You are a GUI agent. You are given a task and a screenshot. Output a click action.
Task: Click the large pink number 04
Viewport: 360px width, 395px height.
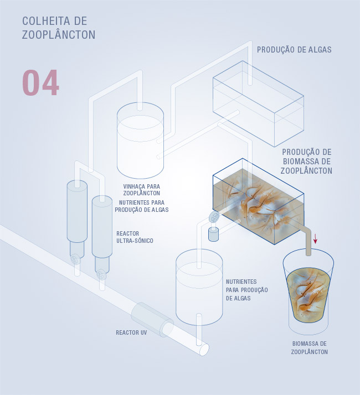pyautogui.click(x=40, y=82)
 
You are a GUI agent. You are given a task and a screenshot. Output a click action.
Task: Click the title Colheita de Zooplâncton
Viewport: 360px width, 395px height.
pyautogui.click(x=59, y=28)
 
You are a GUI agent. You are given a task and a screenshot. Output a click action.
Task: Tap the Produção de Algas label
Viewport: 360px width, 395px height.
pyautogui.click(x=294, y=50)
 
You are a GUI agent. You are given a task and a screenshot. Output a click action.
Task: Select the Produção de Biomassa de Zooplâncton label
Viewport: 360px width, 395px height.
pyautogui.click(x=306, y=161)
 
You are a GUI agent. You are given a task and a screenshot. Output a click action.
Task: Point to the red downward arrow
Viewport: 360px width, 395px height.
pyautogui.click(x=315, y=238)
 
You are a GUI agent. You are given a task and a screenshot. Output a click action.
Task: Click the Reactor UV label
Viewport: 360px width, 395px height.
pyautogui.click(x=131, y=332)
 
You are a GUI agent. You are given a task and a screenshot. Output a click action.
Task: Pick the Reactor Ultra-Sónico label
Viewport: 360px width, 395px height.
pyautogui.click(x=135, y=237)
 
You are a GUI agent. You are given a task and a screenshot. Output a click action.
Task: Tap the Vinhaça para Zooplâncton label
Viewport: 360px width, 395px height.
pyautogui.click(x=142, y=190)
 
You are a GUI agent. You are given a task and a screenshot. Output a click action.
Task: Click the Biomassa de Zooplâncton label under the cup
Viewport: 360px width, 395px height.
pyautogui.click(x=309, y=347)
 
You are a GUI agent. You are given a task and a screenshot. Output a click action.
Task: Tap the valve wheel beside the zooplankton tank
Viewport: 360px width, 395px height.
pyautogui.click(x=214, y=217)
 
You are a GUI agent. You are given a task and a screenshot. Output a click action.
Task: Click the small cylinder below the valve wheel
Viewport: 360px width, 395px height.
pyautogui.click(x=213, y=235)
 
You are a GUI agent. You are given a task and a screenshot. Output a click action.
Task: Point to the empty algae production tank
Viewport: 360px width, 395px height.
pyautogui.click(x=258, y=103)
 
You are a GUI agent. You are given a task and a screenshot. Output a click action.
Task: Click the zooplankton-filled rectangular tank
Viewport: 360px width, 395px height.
pyautogui.click(x=258, y=201)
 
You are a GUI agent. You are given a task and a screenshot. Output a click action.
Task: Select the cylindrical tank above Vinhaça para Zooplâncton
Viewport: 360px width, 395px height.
pyautogui.click(x=140, y=141)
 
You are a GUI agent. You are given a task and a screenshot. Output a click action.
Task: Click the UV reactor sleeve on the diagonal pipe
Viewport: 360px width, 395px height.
pyautogui.click(x=152, y=319)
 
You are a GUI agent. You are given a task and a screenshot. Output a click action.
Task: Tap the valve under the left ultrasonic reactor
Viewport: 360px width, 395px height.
pyautogui.click(x=75, y=259)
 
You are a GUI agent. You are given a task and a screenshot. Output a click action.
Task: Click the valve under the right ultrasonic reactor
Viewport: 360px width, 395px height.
pyautogui.click(x=101, y=274)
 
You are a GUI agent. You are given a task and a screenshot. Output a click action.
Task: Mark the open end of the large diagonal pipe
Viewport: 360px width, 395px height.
pyautogui.click(x=204, y=349)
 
